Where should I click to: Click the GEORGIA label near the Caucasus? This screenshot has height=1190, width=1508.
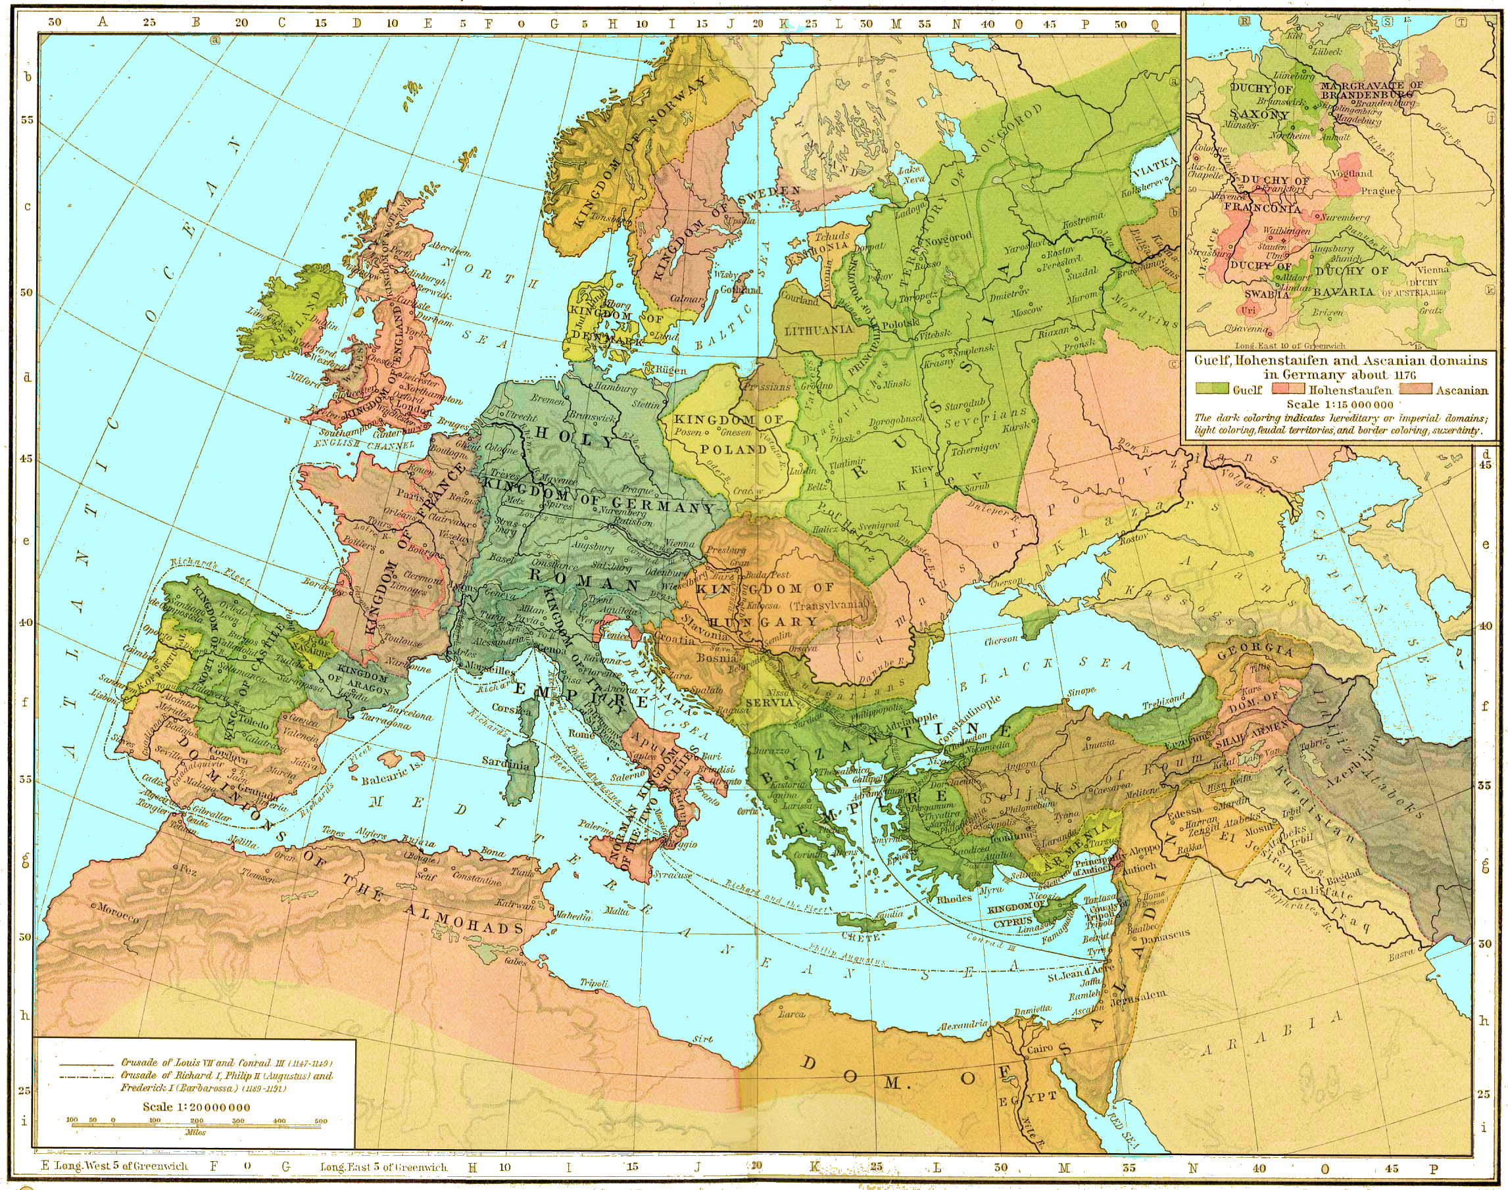[1255, 653]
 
